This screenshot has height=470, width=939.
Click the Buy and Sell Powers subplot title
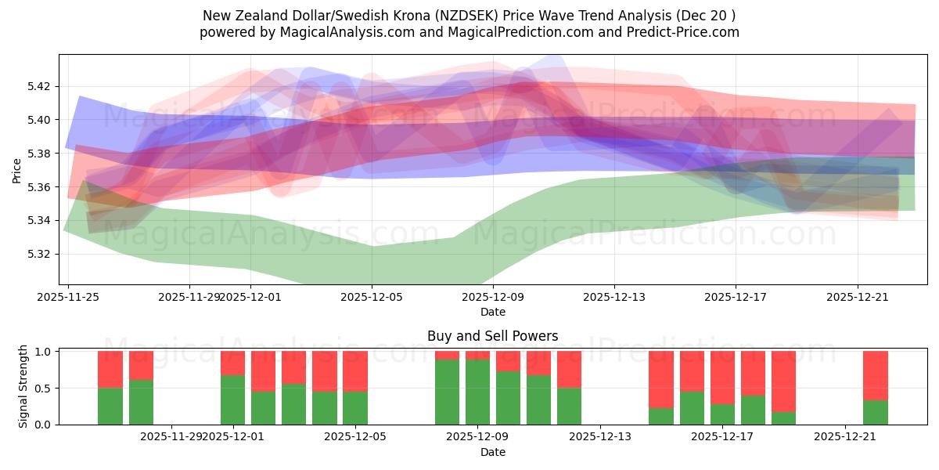(x=492, y=336)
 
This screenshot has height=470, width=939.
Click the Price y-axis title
(x=17, y=170)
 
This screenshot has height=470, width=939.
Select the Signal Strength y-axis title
(x=23, y=386)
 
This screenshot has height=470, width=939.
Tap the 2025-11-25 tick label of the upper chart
(x=68, y=298)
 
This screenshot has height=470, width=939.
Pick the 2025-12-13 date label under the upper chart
(x=613, y=298)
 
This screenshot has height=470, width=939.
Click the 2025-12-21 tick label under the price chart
(x=857, y=298)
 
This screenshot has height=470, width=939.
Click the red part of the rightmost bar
(x=875, y=375)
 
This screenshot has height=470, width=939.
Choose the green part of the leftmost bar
(x=110, y=406)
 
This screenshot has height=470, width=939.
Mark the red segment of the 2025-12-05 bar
(x=355, y=371)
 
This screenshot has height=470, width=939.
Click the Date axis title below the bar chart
(x=492, y=452)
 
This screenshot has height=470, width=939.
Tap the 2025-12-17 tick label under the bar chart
(x=722, y=437)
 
